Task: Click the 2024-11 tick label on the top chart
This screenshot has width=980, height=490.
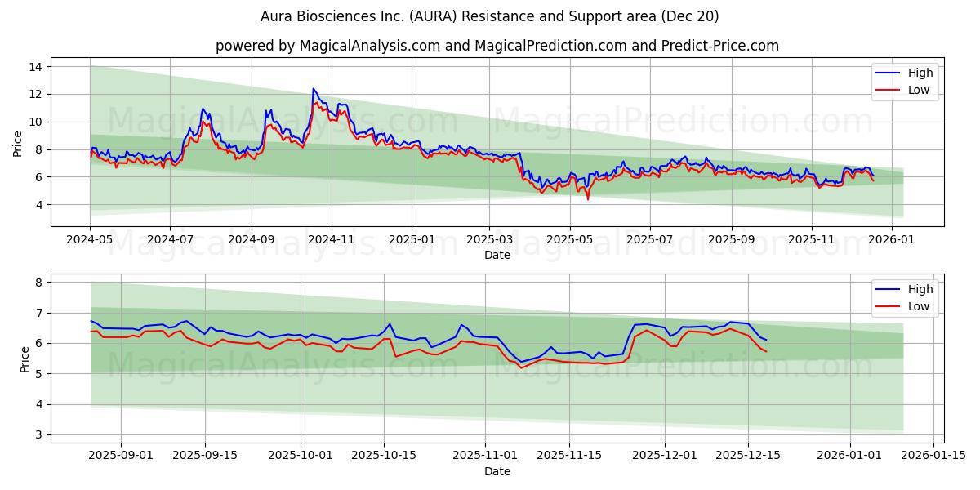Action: tap(332, 239)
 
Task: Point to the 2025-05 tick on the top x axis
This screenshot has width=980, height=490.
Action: tap(569, 239)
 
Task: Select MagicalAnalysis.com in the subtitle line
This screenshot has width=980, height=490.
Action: tap(356, 46)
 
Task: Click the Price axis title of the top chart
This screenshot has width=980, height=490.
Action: tap(18, 144)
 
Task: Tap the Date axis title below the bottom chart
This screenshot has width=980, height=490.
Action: tap(497, 471)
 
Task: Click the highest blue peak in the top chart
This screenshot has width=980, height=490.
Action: tap(313, 89)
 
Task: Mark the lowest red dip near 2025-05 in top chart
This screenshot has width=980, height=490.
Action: tap(588, 199)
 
